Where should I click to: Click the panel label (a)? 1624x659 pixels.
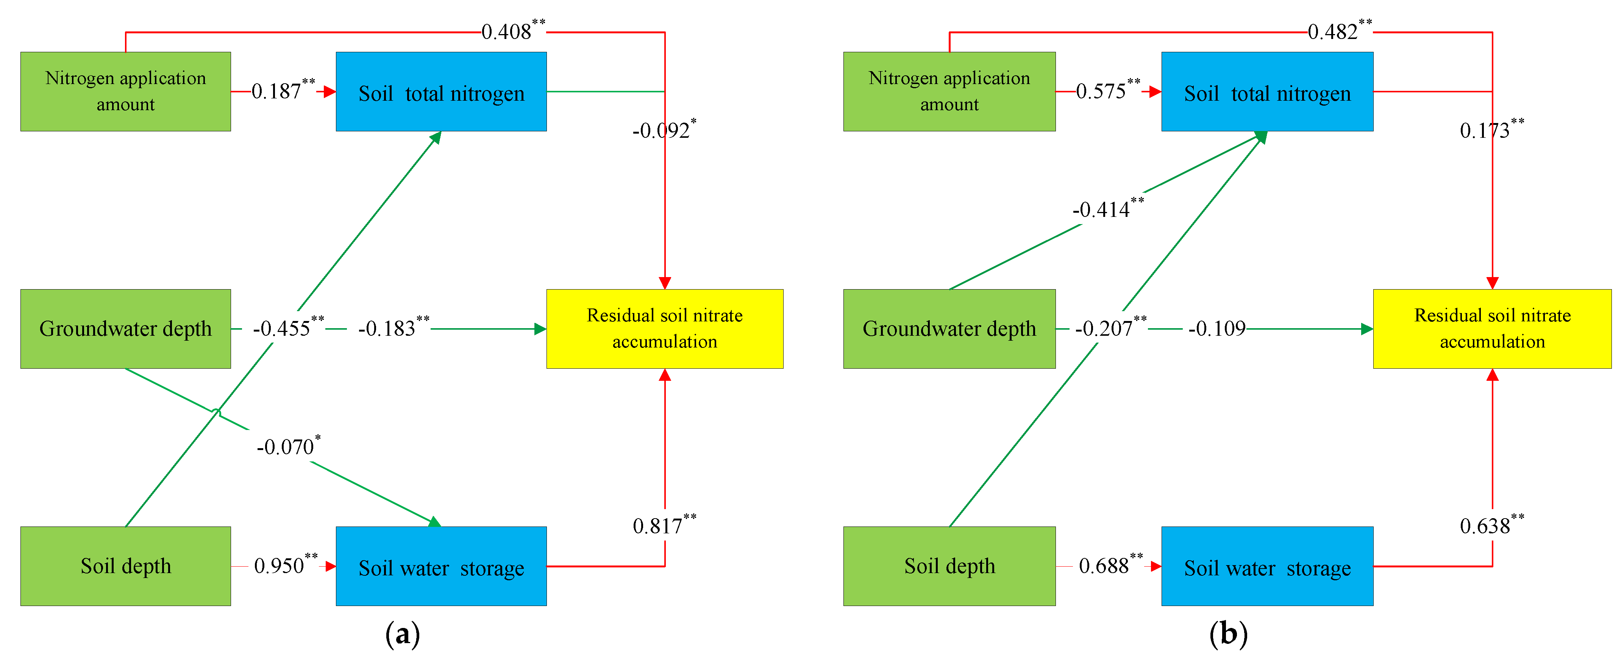(x=402, y=633)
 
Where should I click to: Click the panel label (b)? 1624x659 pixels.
(x=1228, y=633)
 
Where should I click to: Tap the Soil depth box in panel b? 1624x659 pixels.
(x=949, y=566)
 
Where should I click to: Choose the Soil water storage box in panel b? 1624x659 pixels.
(x=1267, y=566)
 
